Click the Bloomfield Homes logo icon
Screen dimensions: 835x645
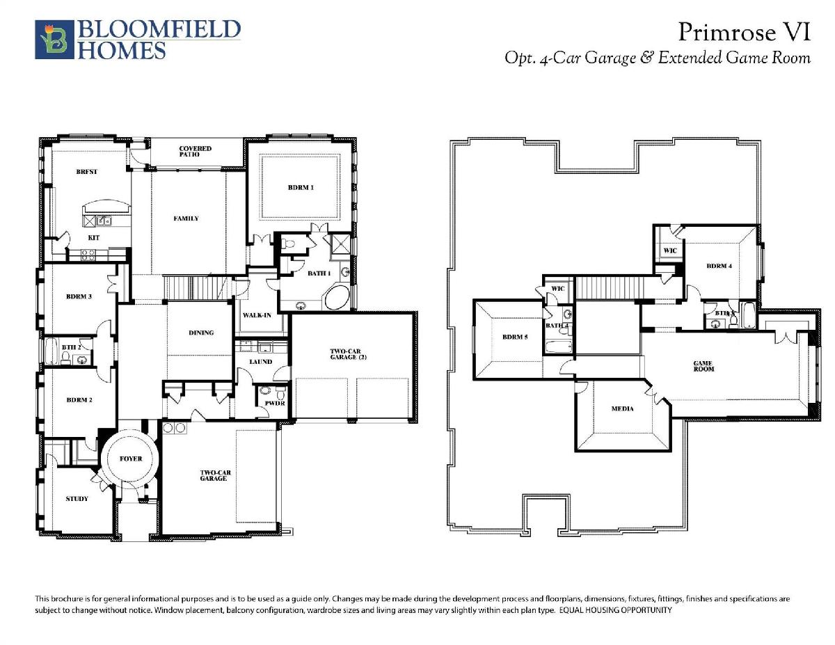[54, 40]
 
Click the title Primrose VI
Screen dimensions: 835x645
[745, 32]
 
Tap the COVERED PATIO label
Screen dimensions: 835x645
[196, 152]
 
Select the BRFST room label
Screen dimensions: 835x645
[86, 172]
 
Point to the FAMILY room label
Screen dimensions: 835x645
[186, 218]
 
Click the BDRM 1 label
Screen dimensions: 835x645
[301, 187]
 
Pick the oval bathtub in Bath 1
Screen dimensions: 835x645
[337, 297]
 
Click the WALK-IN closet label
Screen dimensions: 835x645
[257, 315]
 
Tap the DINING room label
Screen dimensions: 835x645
[201, 333]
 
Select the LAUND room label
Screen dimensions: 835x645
[261, 362]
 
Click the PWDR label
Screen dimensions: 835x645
[275, 404]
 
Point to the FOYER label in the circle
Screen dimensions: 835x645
[131, 459]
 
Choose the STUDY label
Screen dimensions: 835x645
[77, 499]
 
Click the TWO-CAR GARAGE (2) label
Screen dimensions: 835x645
[348, 354]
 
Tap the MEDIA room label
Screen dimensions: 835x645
[623, 408]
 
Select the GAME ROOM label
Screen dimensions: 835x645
[704, 366]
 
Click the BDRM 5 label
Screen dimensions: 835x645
[515, 337]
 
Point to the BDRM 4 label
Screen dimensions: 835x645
[719, 266]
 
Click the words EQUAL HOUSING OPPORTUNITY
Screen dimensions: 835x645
[616, 610]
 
